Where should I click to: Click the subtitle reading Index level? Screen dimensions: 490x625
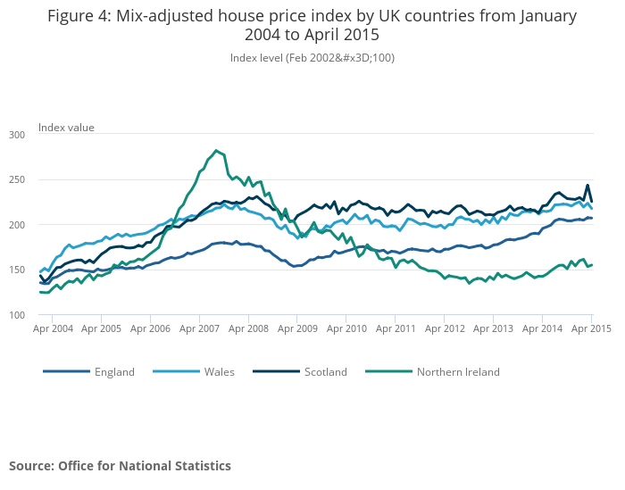[x=312, y=58]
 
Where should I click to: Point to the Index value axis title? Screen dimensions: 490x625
[x=66, y=128]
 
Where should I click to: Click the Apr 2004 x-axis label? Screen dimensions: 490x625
[x=53, y=329]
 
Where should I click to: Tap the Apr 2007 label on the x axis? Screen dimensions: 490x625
[x=200, y=329]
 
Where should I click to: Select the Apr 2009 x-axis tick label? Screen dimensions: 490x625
[x=298, y=329]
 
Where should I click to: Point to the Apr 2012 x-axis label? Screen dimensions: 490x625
[x=445, y=329]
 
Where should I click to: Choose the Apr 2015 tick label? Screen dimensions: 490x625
[x=591, y=329]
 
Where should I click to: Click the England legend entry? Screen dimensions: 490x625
[x=114, y=372]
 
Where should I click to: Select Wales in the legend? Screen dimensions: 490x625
[x=219, y=372]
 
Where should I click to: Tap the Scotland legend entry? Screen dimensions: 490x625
[x=325, y=372]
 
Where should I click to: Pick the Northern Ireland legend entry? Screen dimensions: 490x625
[x=458, y=372]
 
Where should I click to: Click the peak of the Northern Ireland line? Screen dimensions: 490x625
[x=216, y=151]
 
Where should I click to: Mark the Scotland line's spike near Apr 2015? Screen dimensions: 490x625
[x=587, y=186]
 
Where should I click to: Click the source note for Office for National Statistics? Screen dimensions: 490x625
[x=120, y=466]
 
